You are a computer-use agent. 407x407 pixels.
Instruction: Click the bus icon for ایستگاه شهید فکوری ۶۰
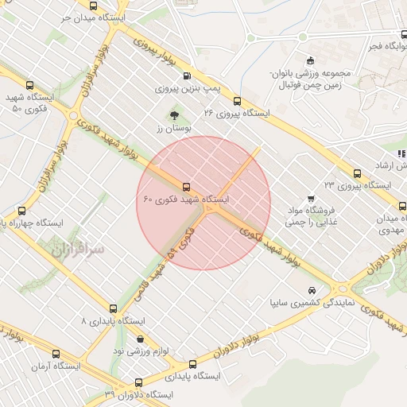click(186, 187)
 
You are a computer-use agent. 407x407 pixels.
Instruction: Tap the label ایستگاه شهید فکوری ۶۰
click(186, 199)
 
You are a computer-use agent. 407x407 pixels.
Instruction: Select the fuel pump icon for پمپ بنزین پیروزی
click(187, 76)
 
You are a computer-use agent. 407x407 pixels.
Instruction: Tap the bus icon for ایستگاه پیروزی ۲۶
click(237, 101)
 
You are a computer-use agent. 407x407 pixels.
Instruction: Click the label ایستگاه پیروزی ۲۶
click(237, 114)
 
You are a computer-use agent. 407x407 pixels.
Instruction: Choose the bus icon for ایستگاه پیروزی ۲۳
click(357, 173)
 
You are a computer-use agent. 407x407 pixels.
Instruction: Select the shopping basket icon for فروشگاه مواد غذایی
click(311, 199)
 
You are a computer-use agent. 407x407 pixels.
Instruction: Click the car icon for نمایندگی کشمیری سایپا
click(312, 290)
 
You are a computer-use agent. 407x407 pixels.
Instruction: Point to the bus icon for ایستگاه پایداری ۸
click(113, 308)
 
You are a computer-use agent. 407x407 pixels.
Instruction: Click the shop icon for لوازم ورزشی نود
click(141, 339)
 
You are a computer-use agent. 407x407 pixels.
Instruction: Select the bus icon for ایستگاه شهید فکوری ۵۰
click(30, 85)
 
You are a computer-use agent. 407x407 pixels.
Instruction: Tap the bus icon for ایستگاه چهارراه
click(21, 211)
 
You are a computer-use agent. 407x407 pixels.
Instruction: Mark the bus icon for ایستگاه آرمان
click(56, 354)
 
